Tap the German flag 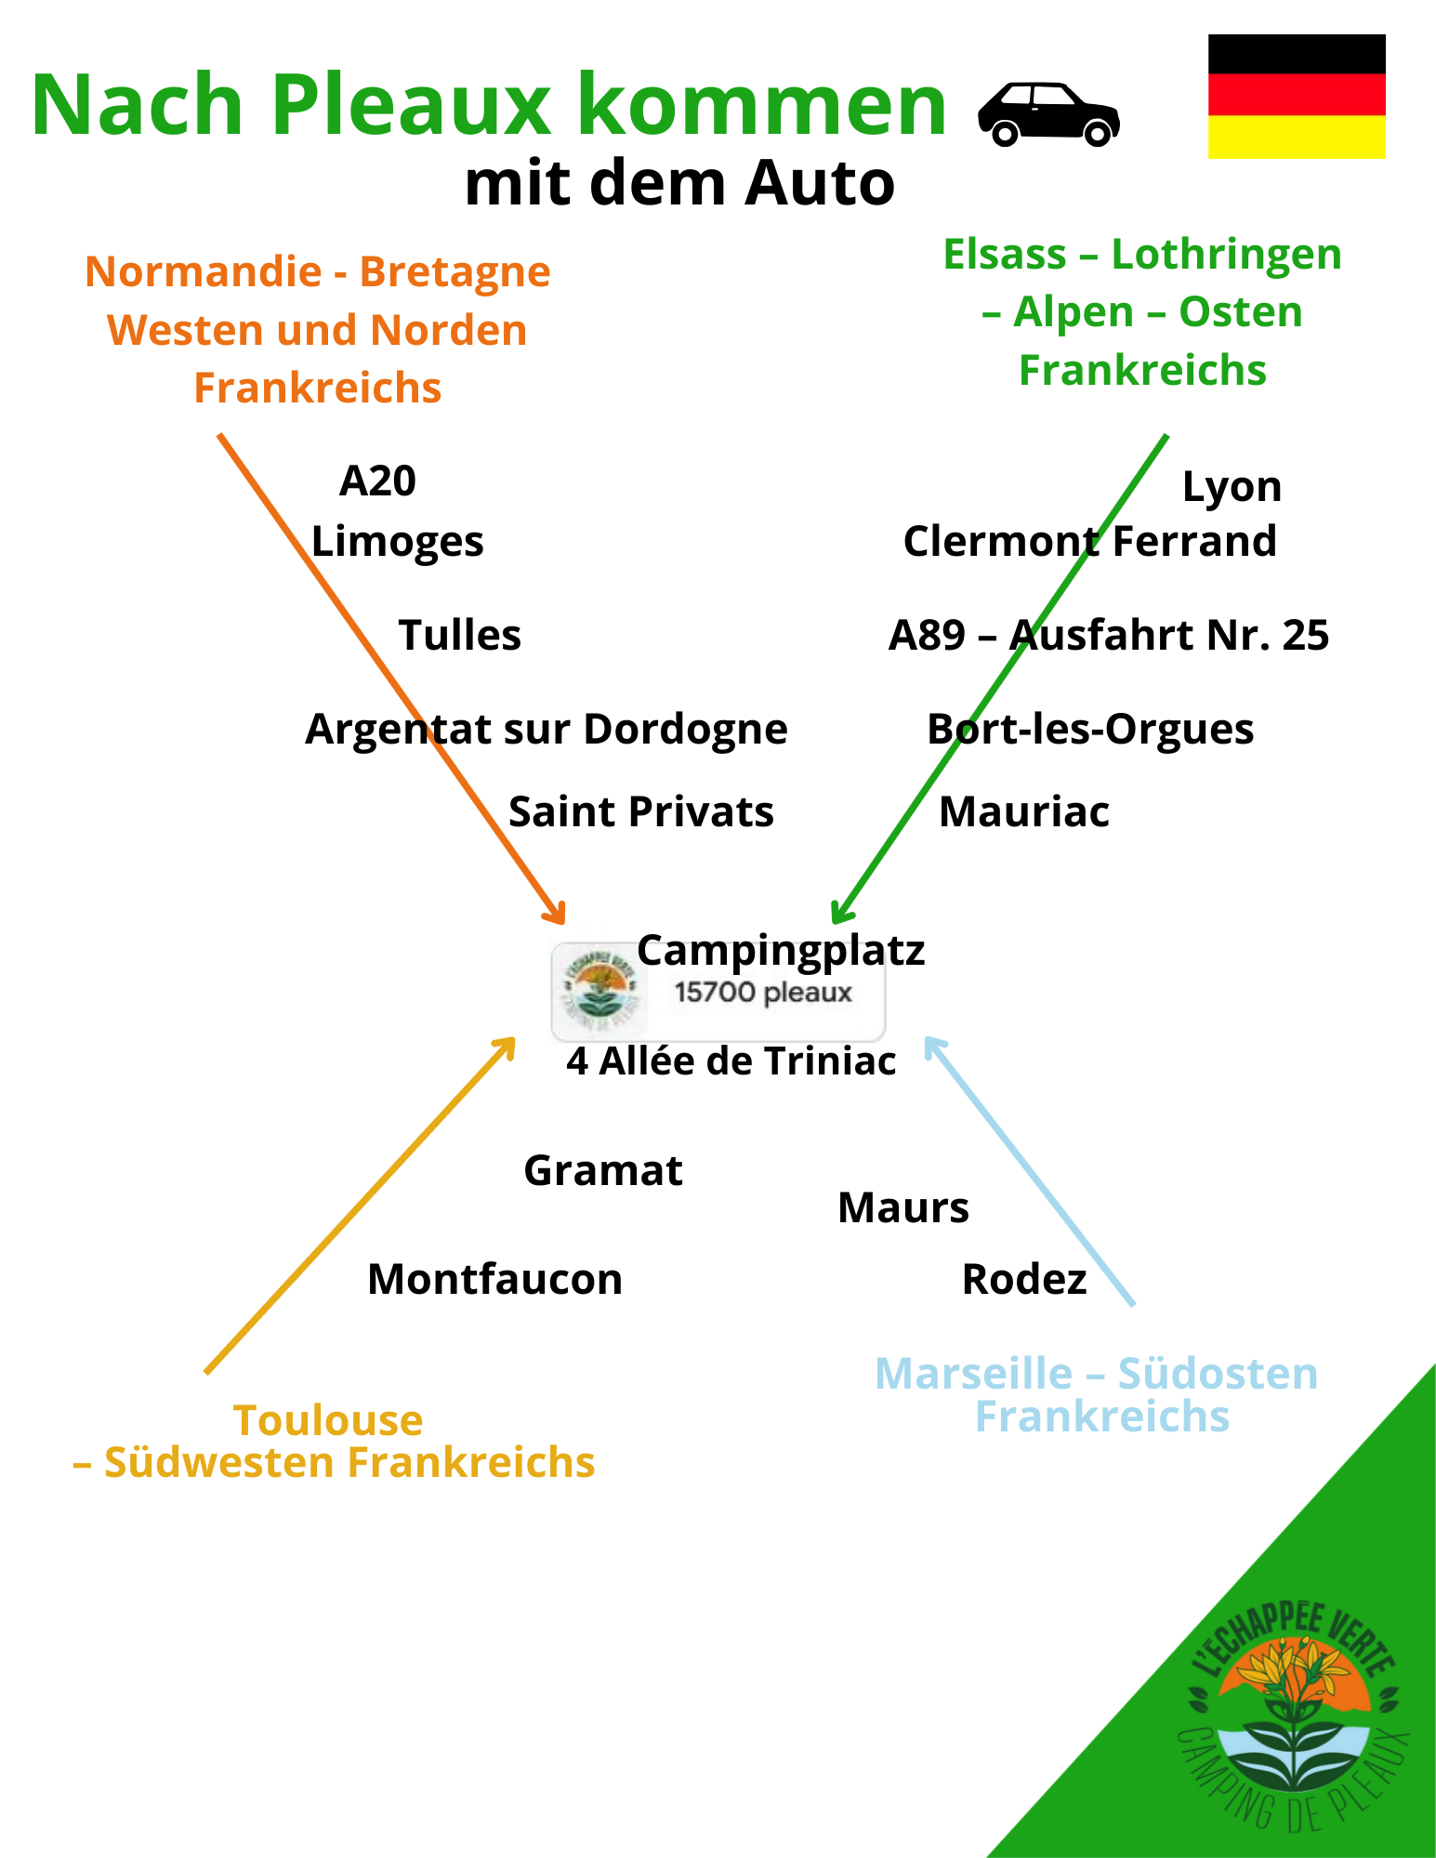coord(1296,97)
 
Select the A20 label coord(377,481)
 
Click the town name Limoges coord(397,541)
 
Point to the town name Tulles coord(459,636)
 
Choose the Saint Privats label coord(640,811)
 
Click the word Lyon coord(1232,487)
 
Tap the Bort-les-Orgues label coord(1090,729)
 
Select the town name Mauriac coord(1023,811)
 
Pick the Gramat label coord(603,1170)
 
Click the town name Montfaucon coord(494,1279)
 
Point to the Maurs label coord(902,1208)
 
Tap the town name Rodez coord(1023,1279)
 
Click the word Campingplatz coord(781,950)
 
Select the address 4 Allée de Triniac coord(731,1061)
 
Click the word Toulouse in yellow coord(328,1420)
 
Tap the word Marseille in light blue coord(973,1374)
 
